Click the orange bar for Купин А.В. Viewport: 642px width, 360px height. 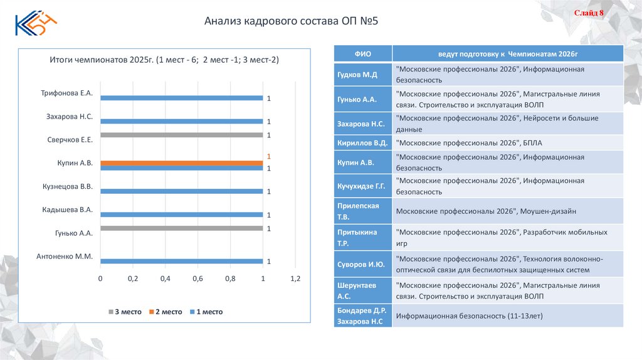click(x=181, y=163)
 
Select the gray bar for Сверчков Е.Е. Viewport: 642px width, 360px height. click(x=181, y=135)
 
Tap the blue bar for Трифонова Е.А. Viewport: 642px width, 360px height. click(x=181, y=98)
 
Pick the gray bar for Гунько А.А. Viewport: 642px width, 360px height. click(x=181, y=228)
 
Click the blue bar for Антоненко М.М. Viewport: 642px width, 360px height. click(x=181, y=261)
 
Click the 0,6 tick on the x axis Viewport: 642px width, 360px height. click(x=197, y=278)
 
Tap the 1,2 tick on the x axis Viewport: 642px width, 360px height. click(x=295, y=278)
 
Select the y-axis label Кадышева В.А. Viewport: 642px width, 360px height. click(x=68, y=209)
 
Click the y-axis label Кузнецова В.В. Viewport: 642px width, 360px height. click(x=68, y=186)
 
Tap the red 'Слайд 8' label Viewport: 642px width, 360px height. click(x=589, y=13)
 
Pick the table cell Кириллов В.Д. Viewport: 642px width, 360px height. click(x=362, y=142)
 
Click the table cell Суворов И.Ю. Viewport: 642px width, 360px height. click(x=362, y=264)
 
